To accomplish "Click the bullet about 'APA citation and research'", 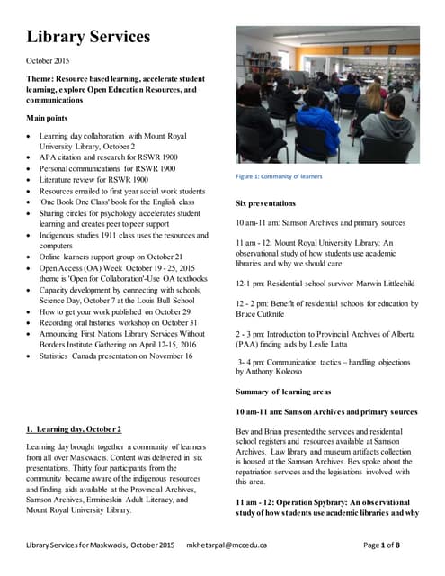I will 108,157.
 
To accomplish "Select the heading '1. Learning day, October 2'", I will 74,429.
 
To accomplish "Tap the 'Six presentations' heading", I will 271,203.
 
